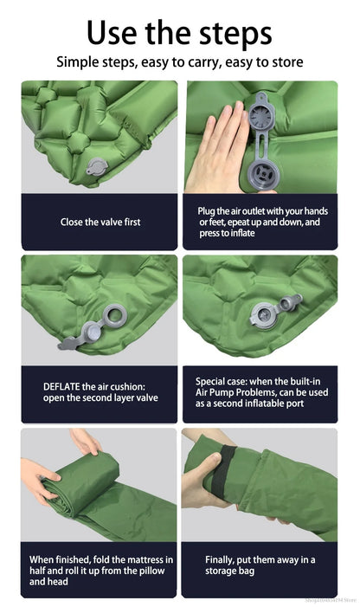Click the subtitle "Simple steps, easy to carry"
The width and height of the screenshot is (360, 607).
click(179, 62)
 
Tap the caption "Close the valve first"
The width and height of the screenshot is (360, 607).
click(100, 222)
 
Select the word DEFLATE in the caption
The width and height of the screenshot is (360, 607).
click(63, 386)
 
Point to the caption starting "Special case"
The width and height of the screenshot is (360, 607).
click(259, 392)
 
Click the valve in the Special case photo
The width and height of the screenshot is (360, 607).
click(266, 313)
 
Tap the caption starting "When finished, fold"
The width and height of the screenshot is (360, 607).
click(100, 571)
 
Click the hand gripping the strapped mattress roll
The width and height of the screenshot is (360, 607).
click(201, 479)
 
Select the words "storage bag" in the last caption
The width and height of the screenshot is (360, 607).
click(230, 571)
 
